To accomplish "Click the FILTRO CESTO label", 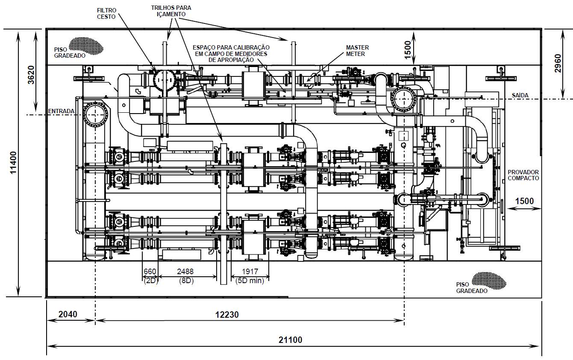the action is click(x=106, y=14).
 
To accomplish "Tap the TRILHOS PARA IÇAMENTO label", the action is click(x=171, y=11).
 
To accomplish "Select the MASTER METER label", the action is click(x=357, y=51).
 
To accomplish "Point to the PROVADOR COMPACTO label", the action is click(x=523, y=175).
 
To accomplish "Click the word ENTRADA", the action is click(x=61, y=111).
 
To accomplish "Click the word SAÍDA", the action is click(x=520, y=95).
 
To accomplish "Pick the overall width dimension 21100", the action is click(x=290, y=340).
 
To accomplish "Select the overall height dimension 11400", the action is click(x=13, y=163).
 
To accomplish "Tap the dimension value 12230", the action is click(x=227, y=314).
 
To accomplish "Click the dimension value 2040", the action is click(x=68, y=314).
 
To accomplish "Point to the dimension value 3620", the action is click(x=31, y=75).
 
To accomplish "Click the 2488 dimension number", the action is click(x=185, y=271).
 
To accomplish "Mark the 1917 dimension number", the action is click(x=250, y=271).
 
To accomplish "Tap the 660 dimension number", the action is click(x=150, y=271).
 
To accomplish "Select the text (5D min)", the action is click(x=250, y=281).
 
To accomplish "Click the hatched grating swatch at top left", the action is click(x=86, y=46).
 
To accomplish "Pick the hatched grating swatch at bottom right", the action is click(x=489, y=281).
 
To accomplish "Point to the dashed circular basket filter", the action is click(x=165, y=80).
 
